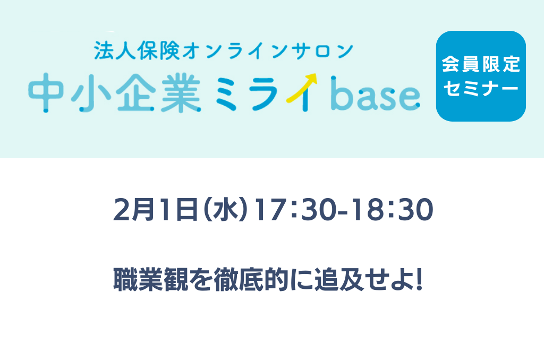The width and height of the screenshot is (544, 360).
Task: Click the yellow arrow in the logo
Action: (301, 88)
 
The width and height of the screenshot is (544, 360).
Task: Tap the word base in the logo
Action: (376, 93)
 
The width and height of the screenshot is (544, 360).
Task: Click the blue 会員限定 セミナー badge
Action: (481, 76)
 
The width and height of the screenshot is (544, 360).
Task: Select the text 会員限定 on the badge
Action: (481, 64)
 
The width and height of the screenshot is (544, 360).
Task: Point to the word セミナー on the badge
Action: (481, 88)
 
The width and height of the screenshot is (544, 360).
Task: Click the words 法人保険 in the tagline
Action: (137, 50)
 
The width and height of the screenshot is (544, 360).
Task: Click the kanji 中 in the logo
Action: (46, 93)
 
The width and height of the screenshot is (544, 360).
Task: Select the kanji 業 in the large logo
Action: (181, 93)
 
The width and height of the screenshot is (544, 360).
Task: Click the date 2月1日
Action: (155, 210)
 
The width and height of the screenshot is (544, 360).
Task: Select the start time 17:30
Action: (295, 210)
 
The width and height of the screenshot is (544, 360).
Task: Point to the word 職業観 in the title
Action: (150, 279)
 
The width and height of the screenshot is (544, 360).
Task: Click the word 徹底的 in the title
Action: (251, 279)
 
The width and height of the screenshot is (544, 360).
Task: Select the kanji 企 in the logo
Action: (135, 93)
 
